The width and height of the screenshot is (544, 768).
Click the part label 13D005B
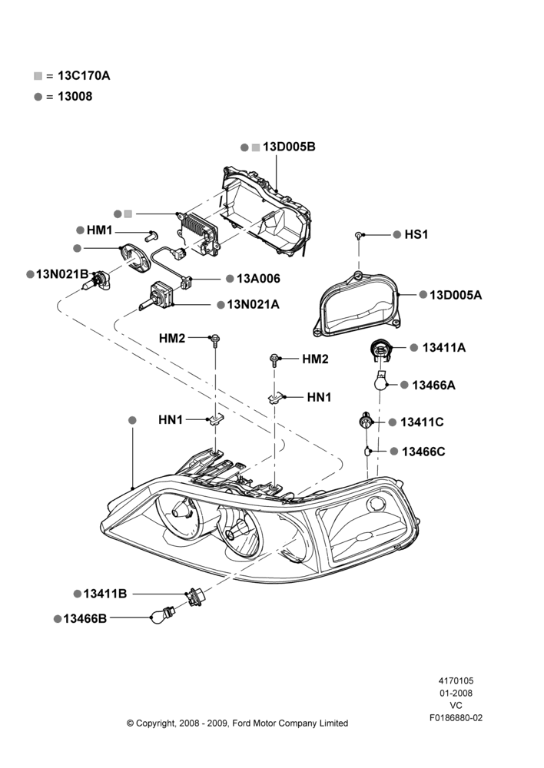pos(289,147)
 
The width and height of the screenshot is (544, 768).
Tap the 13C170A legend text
pos(84,75)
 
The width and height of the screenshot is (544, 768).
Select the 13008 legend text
pos(75,97)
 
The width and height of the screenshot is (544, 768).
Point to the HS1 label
pos(416,234)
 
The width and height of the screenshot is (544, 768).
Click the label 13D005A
pos(456,295)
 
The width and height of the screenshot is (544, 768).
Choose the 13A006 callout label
pos(259,279)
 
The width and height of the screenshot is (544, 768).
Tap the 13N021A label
pos(254,305)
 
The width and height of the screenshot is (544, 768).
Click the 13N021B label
pos(62,274)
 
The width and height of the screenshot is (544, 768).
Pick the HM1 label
pos(100,230)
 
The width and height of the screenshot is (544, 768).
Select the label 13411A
pos(444,348)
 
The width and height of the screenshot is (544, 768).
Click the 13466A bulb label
pos(433,385)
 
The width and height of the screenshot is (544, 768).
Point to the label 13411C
pos(422,422)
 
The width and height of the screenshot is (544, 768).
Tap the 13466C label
pos(423,452)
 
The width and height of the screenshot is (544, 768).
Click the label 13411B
pos(105,594)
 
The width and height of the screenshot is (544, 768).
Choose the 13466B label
pos(85,618)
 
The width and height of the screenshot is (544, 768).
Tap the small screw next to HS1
pos(359,236)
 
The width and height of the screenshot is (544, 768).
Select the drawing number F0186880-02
pos(456,717)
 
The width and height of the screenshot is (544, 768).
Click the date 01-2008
pos(456,693)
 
